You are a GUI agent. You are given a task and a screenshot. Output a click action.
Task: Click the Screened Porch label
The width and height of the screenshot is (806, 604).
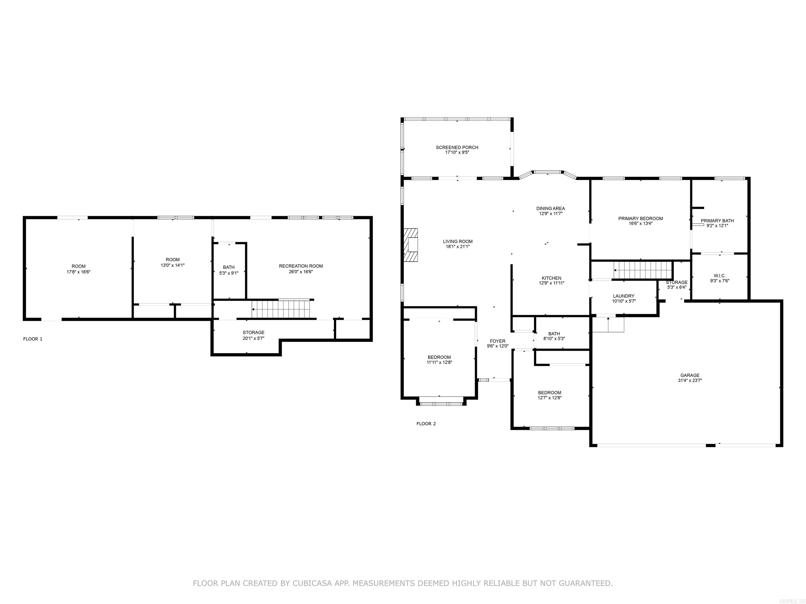click(457, 147)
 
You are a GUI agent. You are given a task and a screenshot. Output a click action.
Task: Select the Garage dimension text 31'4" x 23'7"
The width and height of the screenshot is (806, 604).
click(690, 380)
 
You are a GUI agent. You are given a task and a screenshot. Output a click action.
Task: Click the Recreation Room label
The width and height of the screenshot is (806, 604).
click(301, 266)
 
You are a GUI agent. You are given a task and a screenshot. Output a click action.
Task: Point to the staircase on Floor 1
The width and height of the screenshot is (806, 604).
click(282, 309)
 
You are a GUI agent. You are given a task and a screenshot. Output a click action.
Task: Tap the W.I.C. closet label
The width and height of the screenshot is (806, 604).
click(720, 276)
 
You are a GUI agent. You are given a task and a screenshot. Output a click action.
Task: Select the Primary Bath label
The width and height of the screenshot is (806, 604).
click(717, 221)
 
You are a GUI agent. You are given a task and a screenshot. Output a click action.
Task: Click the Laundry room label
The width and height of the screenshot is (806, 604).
click(623, 296)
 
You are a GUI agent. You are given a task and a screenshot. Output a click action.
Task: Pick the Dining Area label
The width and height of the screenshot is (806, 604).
click(550, 209)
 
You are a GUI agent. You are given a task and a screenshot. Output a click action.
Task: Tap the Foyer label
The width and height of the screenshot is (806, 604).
click(497, 341)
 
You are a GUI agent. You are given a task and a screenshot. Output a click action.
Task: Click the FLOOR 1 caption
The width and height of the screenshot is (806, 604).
click(33, 339)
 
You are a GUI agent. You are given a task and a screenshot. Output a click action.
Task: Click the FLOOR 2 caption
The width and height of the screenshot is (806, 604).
click(426, 424)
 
